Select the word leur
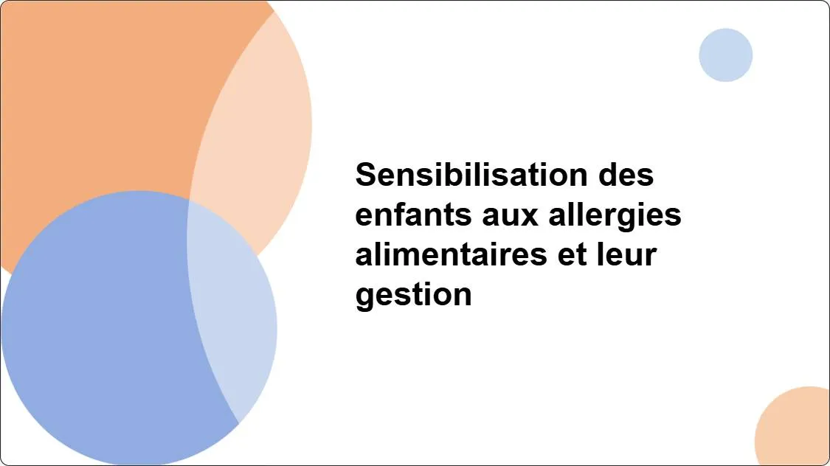pyautogui.click(x=626, y=255)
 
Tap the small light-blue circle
pyautogui.click(x=725, y=55)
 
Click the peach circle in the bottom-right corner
pyautogui.click(x=797, y=431)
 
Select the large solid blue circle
pyautogui.click(x=96, y=332)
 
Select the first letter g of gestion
pyautogui.click(x=364, y=296)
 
